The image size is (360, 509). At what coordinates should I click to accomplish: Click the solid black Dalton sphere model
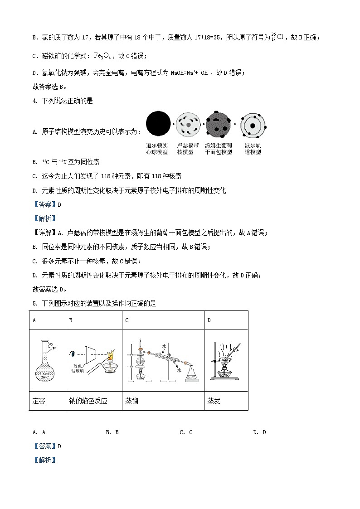tap(158, 123)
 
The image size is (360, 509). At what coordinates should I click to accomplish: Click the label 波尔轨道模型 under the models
tap(253, 149)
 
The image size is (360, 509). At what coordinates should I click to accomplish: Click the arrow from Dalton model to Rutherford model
tap(173, 123)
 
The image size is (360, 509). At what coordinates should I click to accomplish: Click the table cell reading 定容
tap(39, 401)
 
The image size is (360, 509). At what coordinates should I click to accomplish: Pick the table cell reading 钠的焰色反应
tap(88, 401)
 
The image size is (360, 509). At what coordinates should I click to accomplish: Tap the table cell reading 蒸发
tap(214, 401)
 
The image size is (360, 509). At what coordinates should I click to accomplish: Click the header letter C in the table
tap(127, 320)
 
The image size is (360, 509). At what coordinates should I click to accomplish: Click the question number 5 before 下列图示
tap(34, 304)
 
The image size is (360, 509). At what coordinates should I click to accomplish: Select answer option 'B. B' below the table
tap(112, 432)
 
